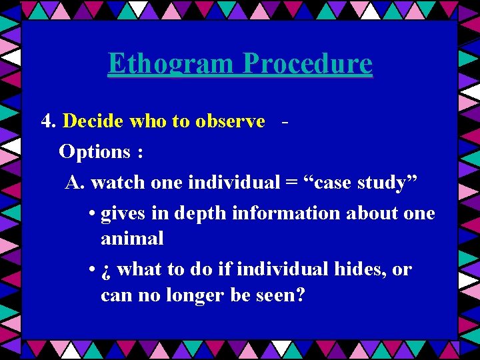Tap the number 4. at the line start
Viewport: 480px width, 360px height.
click(49, 121)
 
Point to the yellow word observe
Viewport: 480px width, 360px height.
click(230, 121)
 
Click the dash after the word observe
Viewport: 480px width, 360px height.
click(285, 122)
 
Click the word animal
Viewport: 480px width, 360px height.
click(132, 239)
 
